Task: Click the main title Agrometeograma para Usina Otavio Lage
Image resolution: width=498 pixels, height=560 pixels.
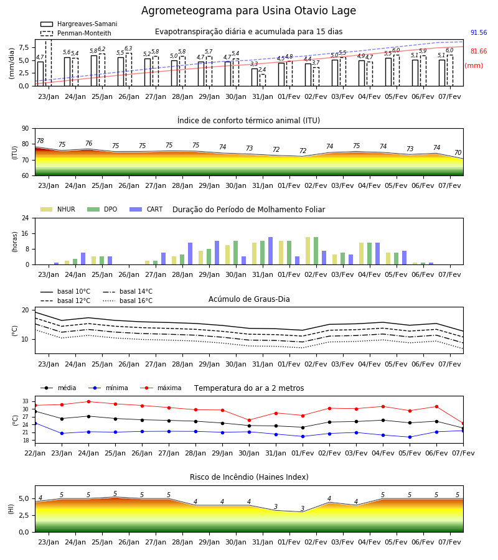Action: (248, 11)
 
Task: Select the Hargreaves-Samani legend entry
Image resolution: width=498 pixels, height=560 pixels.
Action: (78, 24)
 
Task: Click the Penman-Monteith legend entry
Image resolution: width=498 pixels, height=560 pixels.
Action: (76, 33)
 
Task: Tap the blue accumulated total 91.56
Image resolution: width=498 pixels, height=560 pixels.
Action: (479, 32)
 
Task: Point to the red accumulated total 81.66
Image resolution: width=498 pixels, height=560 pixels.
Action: (479, 51)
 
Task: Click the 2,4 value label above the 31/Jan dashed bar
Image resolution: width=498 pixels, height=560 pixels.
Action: (262, 70)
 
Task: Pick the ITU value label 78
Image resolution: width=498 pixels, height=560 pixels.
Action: (40, 141)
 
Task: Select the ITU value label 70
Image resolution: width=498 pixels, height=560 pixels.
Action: (458, 152)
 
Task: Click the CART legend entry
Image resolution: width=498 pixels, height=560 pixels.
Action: (146, 209)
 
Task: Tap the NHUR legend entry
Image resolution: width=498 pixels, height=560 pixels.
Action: (58, 209)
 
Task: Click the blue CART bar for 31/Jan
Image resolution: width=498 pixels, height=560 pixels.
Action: (270, 251)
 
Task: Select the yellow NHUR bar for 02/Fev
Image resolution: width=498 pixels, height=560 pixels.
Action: (308, 251)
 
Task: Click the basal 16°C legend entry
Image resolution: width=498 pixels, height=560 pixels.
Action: (128, 301)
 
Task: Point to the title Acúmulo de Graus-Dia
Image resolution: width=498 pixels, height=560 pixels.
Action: (249, 299)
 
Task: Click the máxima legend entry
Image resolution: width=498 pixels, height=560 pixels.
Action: (161, 388)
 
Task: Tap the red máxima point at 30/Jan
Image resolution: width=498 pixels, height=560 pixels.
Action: (250, 421)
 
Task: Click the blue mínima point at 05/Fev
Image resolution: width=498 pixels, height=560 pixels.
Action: (410, 437)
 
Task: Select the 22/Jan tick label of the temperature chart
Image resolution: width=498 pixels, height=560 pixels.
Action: (35, 453)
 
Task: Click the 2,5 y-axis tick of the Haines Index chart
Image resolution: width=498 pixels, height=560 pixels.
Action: (24, 515)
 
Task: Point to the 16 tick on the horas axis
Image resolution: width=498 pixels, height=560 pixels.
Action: (26, 233)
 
